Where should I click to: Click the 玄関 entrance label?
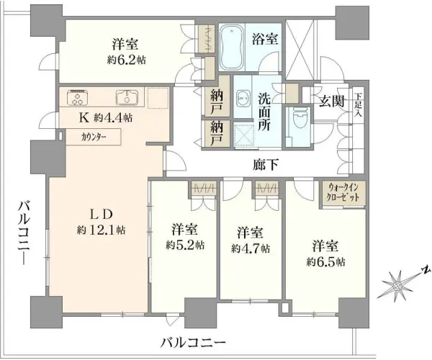click(x=331, y=99)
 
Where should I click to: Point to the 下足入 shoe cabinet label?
click(x=359, y=105)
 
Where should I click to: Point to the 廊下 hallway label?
click(x=266, y=165)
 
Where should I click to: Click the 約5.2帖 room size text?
click(x=184, y=245)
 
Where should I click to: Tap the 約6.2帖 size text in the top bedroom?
click(x=126, y=60)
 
